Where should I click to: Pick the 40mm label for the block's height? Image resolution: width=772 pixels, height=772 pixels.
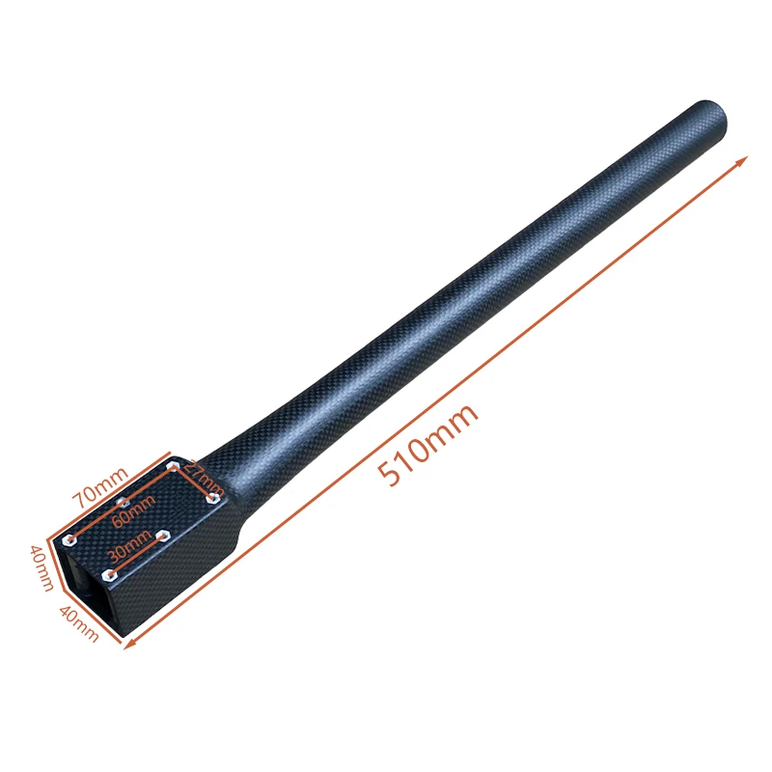[x=40, y=568]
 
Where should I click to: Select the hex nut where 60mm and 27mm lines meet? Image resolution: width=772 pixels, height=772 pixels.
[x=174, y=467]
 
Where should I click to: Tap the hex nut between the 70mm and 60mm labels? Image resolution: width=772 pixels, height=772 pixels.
[x=122, y=502]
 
